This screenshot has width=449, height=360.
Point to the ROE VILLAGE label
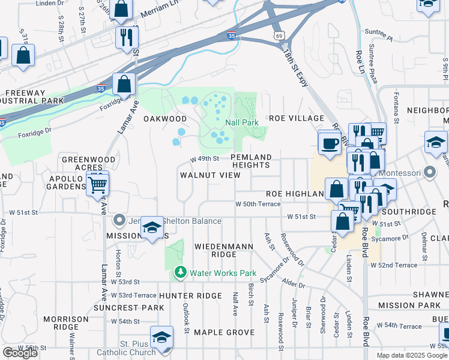point(297,118)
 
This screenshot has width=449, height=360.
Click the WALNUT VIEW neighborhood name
point(210,175)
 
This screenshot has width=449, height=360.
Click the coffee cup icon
point(329,143)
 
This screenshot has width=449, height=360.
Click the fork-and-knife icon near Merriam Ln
point(126,37)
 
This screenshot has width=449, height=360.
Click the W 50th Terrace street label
point(258,204)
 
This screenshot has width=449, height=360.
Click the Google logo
point(20,353)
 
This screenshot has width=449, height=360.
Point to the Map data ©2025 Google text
point(412,356)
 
